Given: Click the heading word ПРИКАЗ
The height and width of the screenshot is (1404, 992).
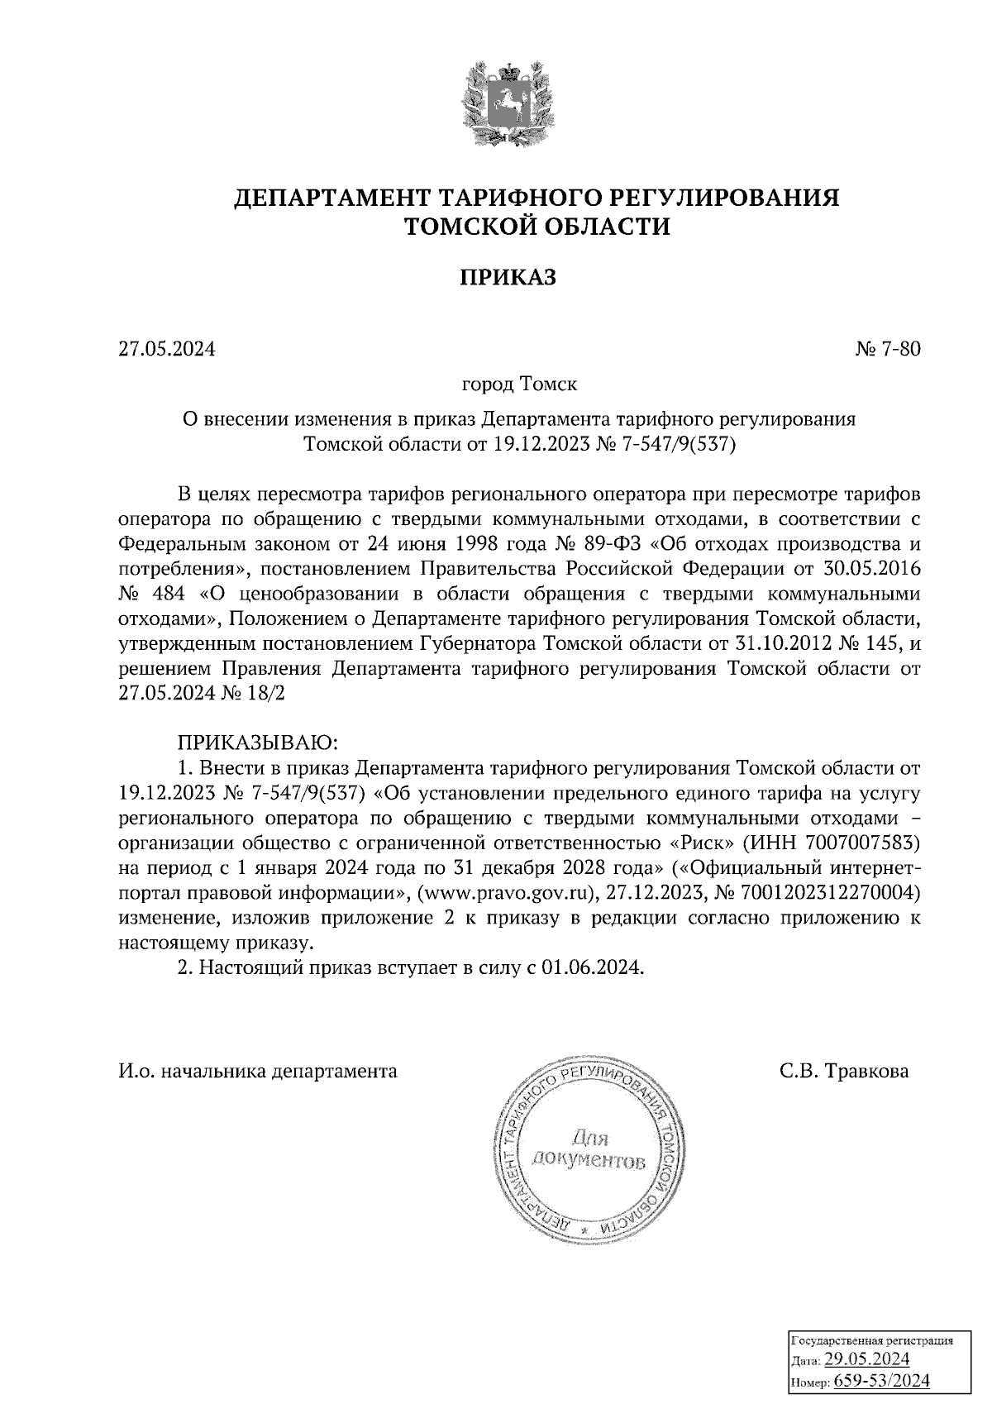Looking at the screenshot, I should (x=508, y=277).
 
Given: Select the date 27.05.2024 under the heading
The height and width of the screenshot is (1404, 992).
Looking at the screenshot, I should (x=166, y=349).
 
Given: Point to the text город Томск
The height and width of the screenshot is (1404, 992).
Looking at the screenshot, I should (x=519, y=384).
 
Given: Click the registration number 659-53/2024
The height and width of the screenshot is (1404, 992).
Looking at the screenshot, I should (x=881, y=1381).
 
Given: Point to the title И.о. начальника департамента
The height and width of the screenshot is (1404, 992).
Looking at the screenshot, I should (x=257, y=1072).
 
